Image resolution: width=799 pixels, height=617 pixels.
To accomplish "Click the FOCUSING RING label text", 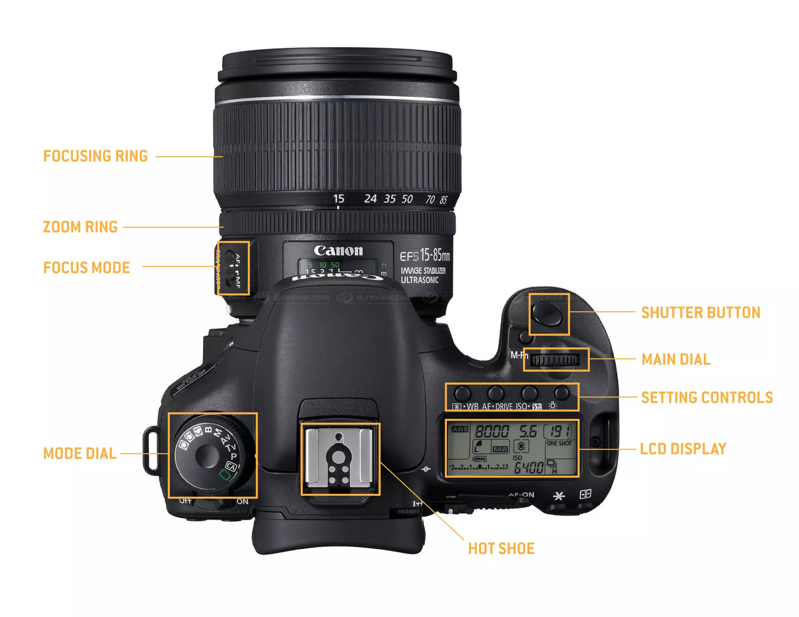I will point(95,156).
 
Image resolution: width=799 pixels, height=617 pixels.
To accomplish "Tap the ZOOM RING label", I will point(80,227).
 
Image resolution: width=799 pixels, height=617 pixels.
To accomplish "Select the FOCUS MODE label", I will point(86,268).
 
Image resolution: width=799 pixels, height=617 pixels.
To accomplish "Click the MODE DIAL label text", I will point(80,454).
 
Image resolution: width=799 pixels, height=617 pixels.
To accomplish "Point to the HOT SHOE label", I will point(501,549).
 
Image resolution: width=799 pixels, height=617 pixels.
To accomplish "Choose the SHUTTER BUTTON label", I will point(701,313).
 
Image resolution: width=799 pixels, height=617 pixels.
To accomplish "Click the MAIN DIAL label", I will point(676,360).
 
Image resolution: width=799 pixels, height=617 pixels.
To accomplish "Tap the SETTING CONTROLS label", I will point(707,398).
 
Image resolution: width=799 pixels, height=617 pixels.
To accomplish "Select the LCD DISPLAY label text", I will point(683,449).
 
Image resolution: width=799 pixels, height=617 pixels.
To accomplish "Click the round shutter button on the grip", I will point(548,314).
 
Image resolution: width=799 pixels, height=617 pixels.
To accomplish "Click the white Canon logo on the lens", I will point(338,251).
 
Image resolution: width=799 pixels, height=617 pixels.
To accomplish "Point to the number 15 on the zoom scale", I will point(339,199).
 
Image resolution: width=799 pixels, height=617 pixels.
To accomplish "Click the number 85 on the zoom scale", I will point(444,200).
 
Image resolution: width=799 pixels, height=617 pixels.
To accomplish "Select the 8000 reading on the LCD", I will point(492,431).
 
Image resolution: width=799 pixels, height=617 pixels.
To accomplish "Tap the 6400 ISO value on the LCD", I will point(529,467).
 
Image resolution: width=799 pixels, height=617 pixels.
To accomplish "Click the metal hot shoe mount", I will point(340,458).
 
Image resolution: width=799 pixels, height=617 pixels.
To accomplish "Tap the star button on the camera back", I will point(559,496).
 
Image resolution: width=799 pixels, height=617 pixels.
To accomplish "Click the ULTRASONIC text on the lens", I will point(419,280).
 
